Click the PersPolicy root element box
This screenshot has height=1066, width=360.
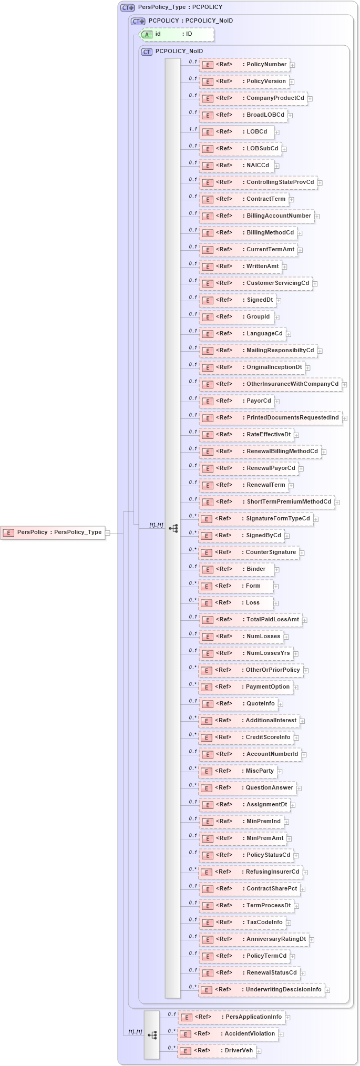[53, 532]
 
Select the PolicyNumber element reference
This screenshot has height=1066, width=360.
[244, 65]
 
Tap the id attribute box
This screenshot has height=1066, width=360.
[178, 34]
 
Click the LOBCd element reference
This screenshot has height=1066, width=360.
[236, 132]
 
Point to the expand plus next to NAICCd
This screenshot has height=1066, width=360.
[277, 166]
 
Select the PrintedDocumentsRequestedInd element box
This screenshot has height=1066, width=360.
[270, 418]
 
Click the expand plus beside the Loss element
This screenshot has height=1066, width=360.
[276, 603]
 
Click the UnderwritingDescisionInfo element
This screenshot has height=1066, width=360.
[261, 990]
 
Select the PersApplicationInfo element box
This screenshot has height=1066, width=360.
[232, 1017]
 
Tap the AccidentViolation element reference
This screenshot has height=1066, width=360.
[228, 1034]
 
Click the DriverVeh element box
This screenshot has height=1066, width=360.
[217, 1051]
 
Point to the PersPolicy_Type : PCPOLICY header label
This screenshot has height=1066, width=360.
[180, 7]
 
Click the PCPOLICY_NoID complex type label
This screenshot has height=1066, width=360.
[179, 52]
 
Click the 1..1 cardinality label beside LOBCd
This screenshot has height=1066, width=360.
[193, 129]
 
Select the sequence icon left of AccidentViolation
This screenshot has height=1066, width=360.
[152, 1035]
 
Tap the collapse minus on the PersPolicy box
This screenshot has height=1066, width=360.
[108, 532]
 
